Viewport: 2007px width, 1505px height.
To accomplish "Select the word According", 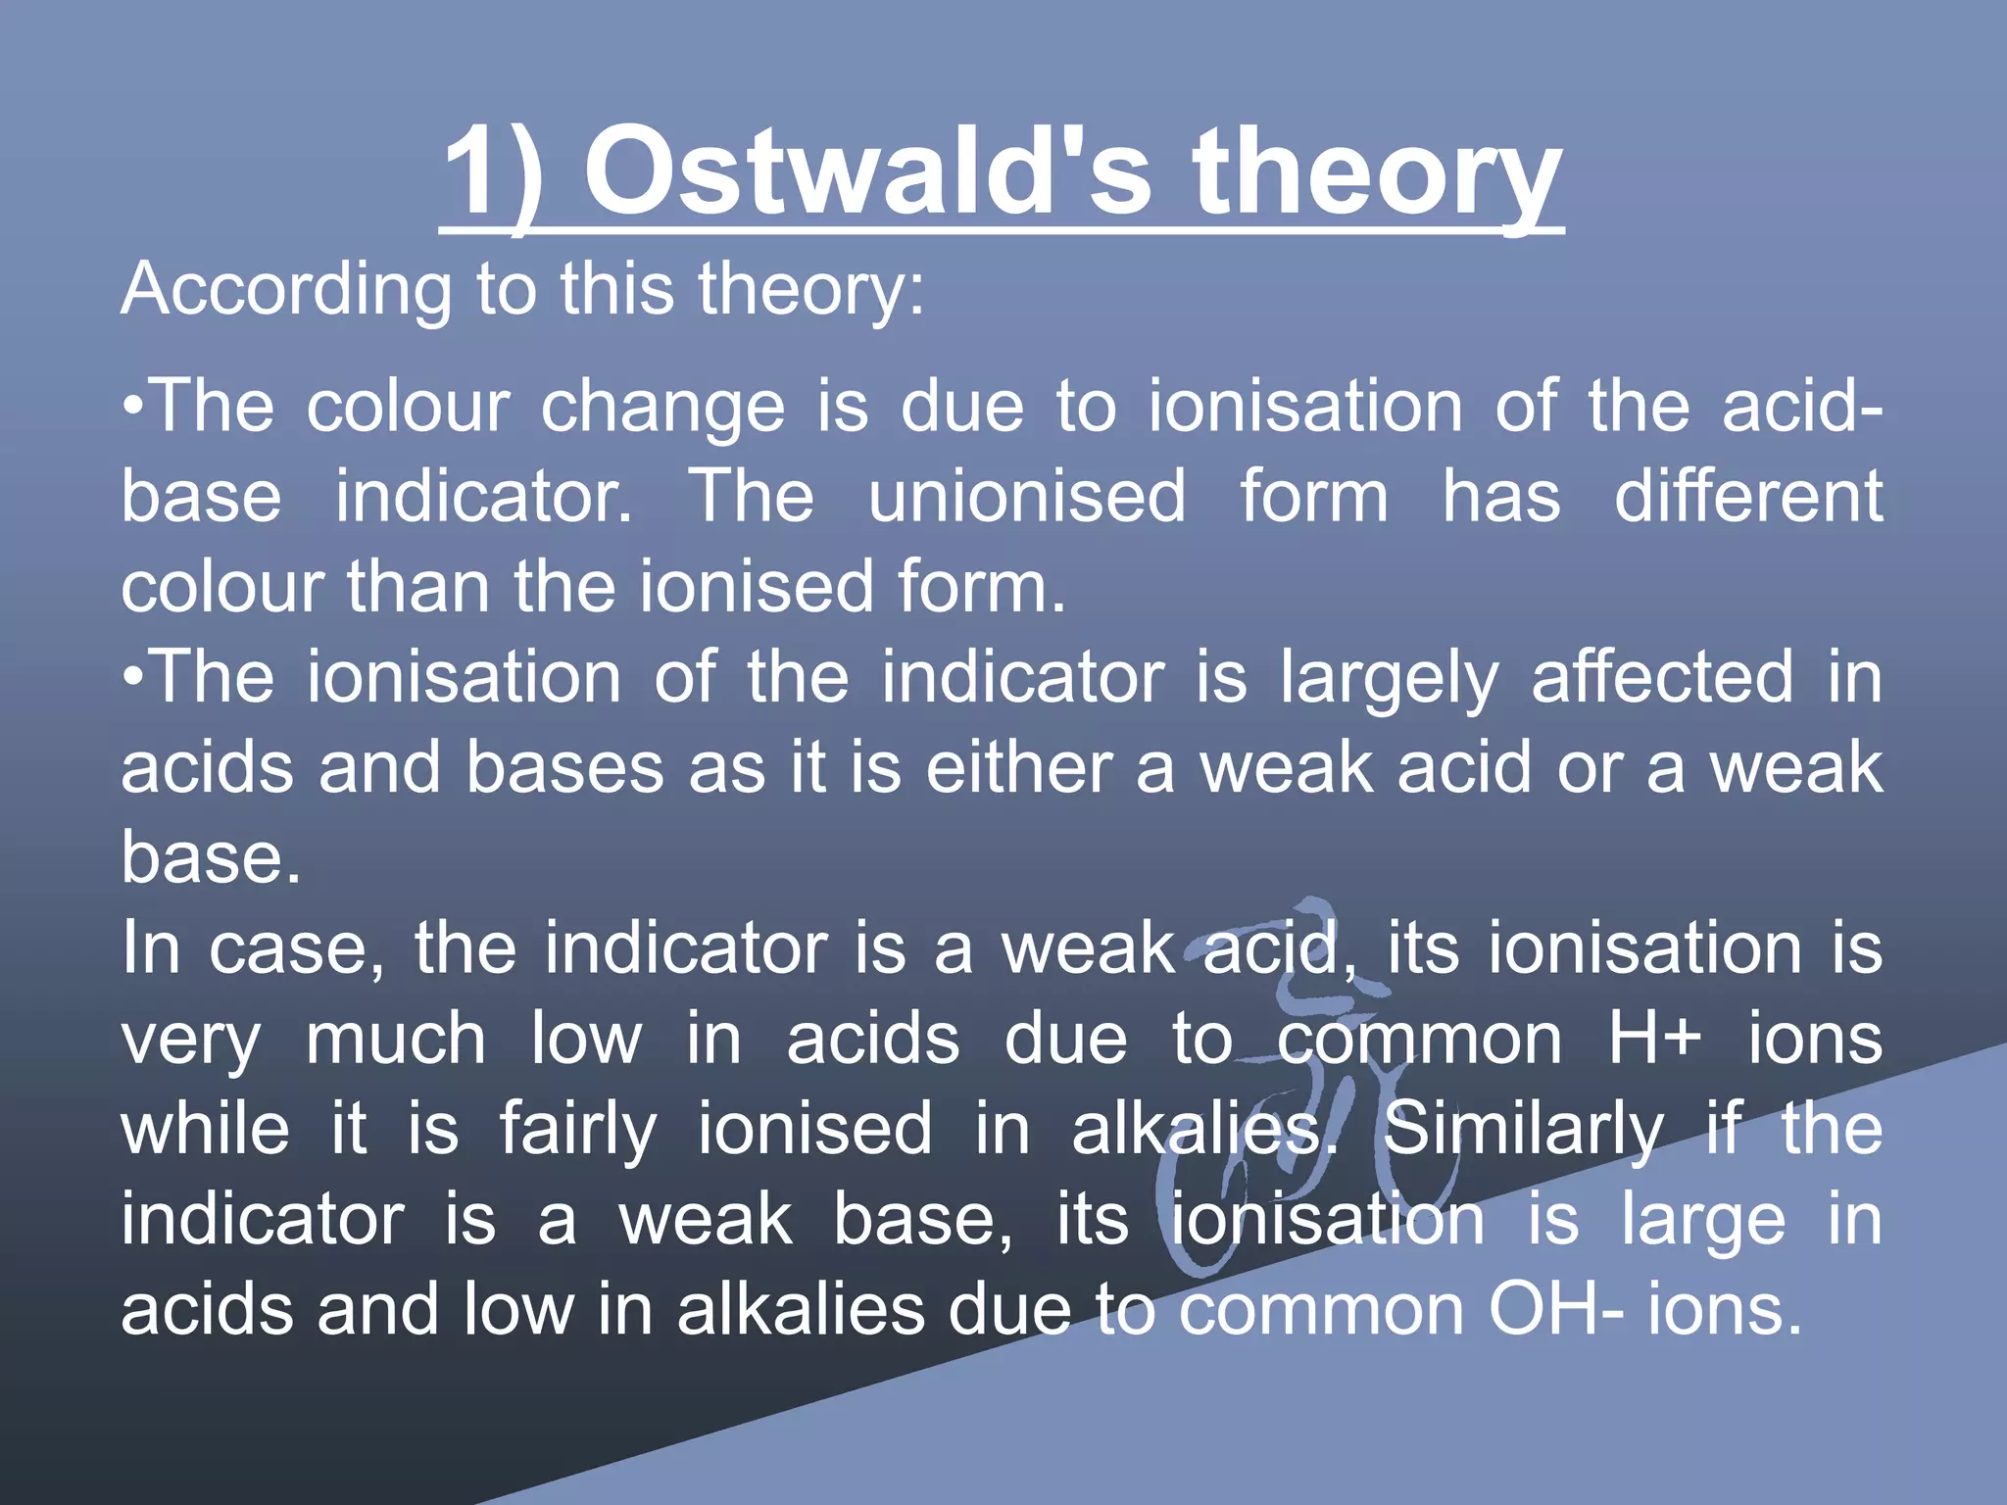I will coord(285,292).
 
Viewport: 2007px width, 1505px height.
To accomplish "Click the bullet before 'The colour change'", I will coord(135,406).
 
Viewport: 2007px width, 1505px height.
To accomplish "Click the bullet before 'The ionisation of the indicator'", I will coord(135,677).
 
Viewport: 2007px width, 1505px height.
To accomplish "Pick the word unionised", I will coord(1026,496).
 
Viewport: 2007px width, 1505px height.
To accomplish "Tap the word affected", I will coord(1662,677).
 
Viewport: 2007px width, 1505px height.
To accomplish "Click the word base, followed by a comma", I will coord(923,1220).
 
